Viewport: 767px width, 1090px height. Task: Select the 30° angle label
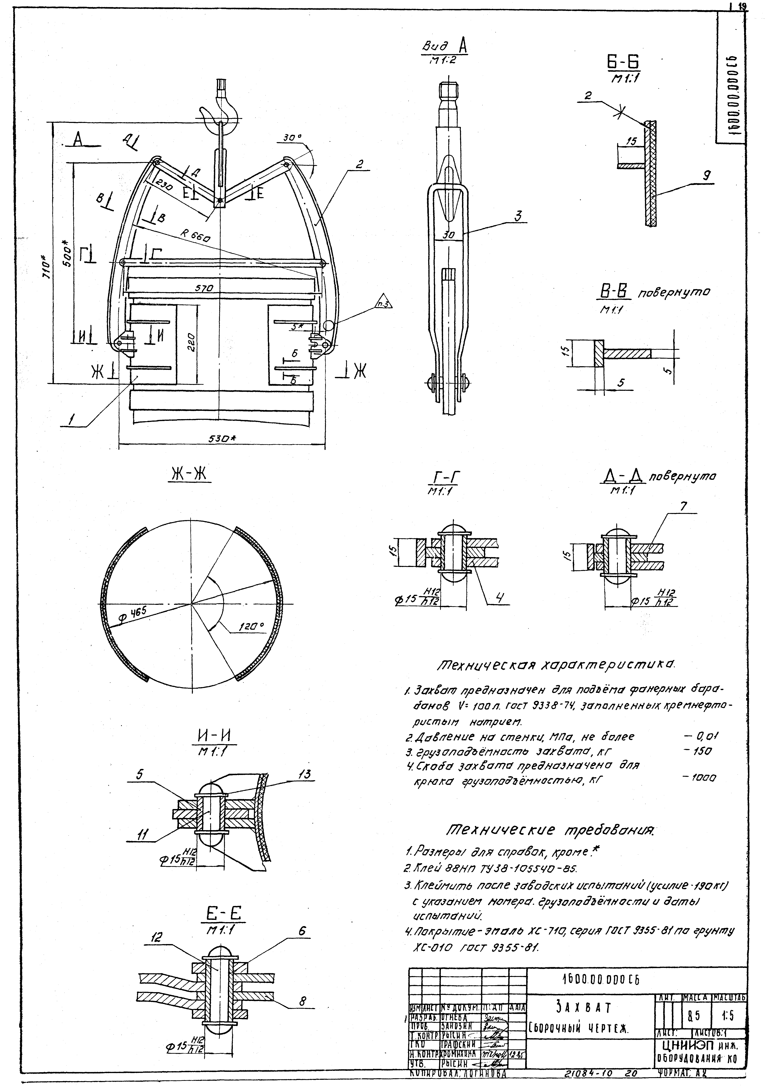click(292, 138)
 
